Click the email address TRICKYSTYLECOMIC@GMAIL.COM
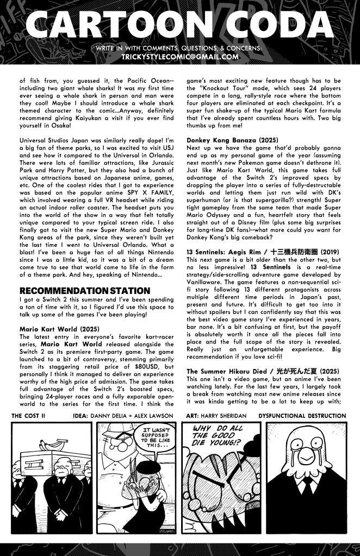(x=180, y=56)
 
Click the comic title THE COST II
(x=28, y=416)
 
